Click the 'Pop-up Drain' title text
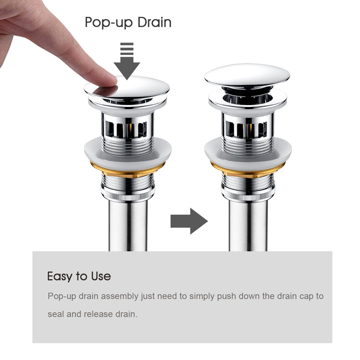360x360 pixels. pyautogui.click(x=128, y=22)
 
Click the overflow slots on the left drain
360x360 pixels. pyautogui.click(x=128, y=129)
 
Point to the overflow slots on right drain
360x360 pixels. pyautogui.click(x=248, y=129)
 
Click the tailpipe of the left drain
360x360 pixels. pyautogui.click(x=127, y=225)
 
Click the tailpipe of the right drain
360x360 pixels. pyautogui.click(x=248, y=225)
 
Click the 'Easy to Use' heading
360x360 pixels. pyautogui.click(x=79, y=276)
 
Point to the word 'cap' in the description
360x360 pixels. pyautogui.click(x=307, y=296)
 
